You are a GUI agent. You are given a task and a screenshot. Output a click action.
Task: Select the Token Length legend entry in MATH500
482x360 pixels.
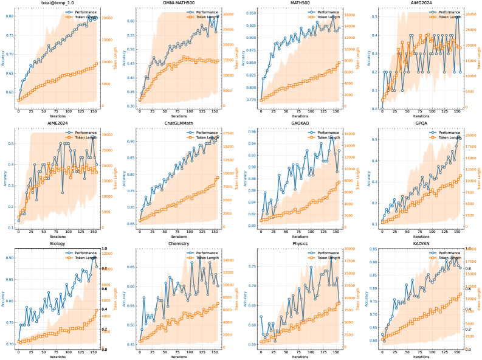pyautogui.click(x=326, y=17)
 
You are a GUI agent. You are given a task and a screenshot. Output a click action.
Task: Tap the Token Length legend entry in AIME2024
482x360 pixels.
pyautogui.click(x=84, y=137)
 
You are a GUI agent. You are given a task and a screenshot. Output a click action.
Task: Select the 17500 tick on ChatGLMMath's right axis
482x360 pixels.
pyautogui.click(x=228, y=133)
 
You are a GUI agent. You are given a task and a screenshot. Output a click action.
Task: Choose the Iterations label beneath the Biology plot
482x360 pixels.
pyautogui.click(x=57, y=356)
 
